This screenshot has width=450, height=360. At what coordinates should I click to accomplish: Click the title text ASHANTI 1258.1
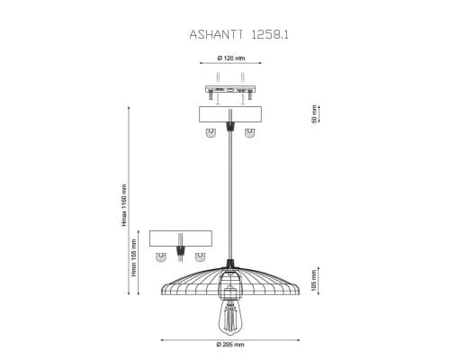click(238, 34)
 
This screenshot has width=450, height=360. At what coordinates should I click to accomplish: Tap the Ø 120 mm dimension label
click(231, 58)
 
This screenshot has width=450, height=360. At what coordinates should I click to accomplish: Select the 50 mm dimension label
click(314, 114)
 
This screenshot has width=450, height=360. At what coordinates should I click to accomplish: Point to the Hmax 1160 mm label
click(124, 205)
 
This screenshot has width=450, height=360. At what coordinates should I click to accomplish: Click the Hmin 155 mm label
click(134, 257)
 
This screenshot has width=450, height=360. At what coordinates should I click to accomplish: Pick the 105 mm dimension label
click(314, 282)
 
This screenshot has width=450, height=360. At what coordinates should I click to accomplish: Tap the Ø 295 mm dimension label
click(230, 345)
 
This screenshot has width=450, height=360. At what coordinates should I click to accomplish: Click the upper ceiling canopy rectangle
click(230, 114)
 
